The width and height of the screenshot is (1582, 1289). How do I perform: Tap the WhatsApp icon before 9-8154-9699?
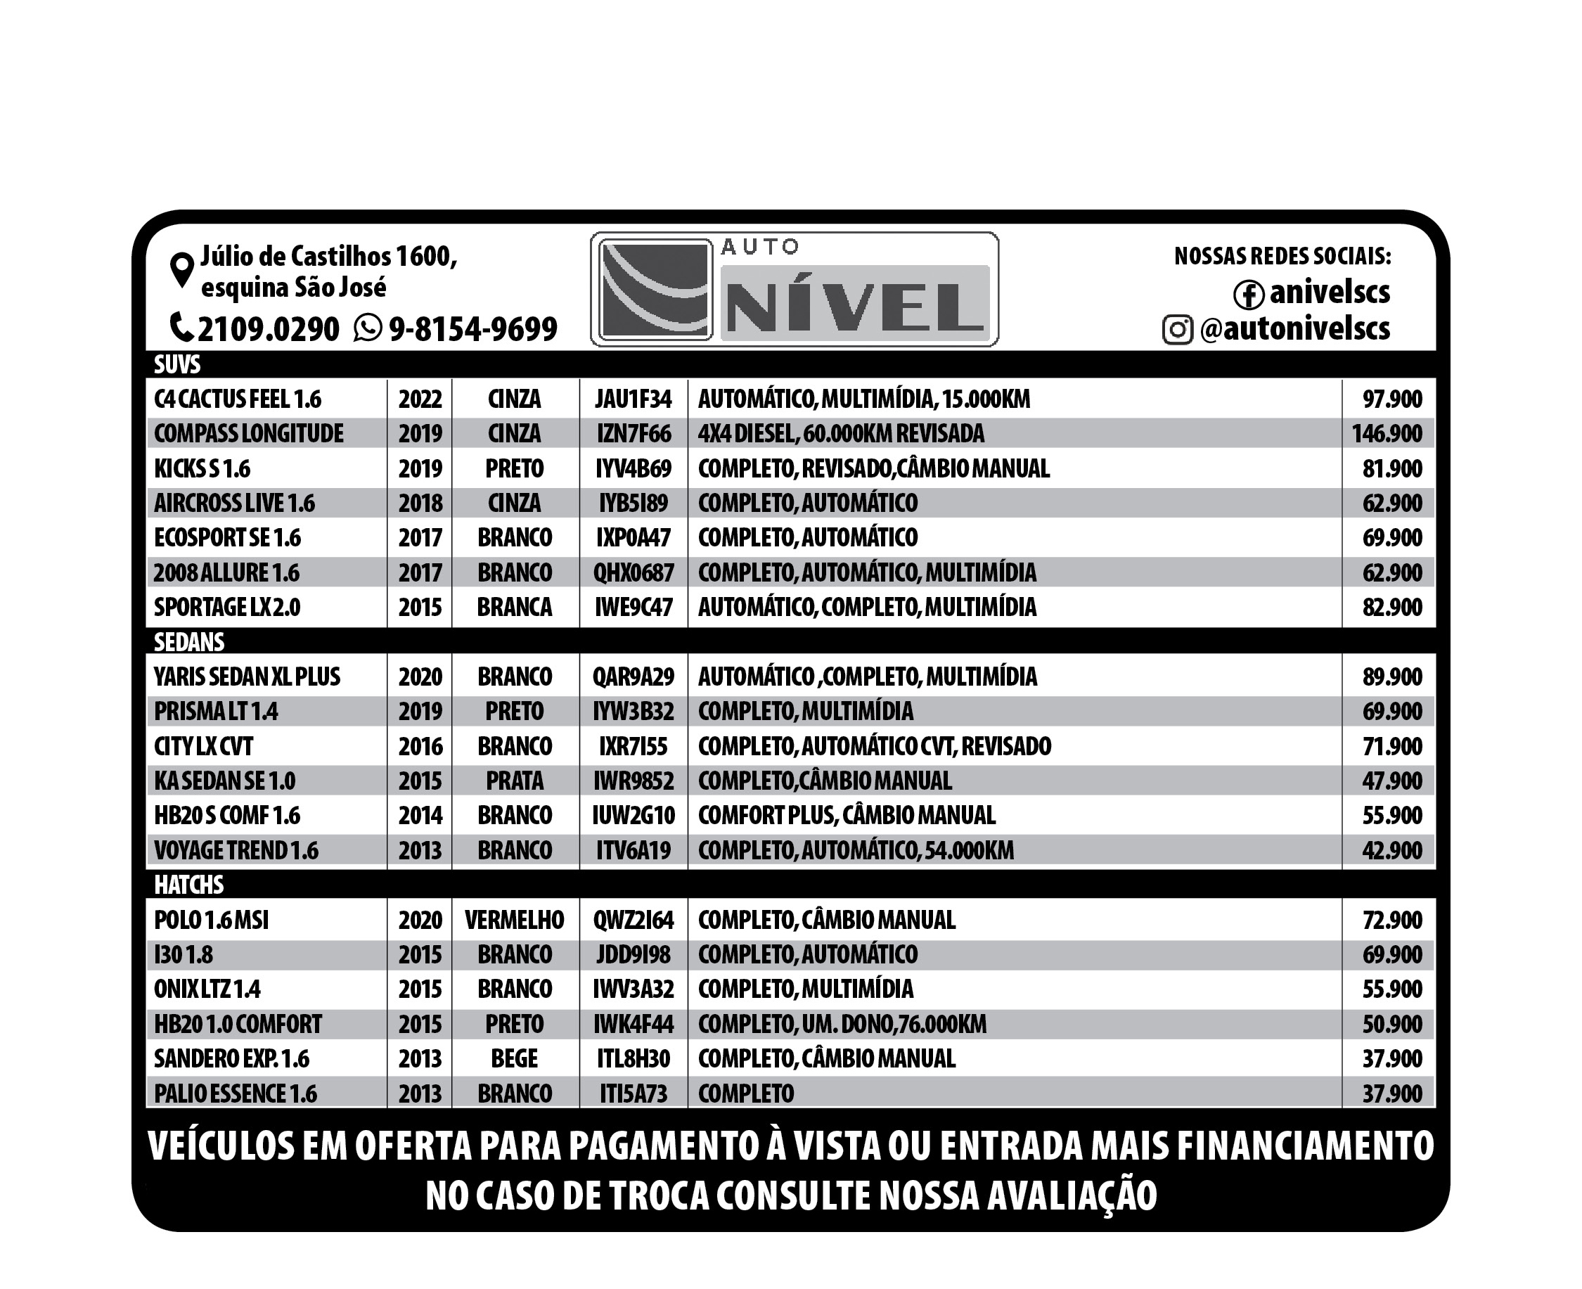368,328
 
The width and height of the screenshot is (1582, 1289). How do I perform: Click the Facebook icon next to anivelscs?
1248,294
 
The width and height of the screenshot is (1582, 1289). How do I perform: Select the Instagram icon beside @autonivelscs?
1178,330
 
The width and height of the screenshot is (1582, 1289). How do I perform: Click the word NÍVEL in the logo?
854,306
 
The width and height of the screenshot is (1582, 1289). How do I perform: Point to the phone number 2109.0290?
268,329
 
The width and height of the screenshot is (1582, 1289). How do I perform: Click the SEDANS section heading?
188,641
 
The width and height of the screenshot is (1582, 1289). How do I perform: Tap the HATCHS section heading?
188,885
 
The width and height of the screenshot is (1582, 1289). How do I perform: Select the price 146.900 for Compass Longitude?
1386,434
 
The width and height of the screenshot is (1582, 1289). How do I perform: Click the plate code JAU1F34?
633,399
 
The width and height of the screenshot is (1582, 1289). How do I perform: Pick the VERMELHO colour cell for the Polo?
515,920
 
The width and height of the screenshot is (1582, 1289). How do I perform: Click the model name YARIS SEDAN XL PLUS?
247,676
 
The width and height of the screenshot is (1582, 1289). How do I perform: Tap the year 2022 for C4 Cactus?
420,399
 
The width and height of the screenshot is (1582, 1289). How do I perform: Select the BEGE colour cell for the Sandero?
515,1058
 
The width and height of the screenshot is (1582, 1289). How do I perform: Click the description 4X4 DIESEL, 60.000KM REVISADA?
840,434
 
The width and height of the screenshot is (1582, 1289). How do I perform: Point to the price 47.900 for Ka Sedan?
1391,781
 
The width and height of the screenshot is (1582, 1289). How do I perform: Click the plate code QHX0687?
633,572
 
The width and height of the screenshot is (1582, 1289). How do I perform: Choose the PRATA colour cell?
515,781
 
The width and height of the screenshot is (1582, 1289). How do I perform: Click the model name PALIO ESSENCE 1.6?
236,1093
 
